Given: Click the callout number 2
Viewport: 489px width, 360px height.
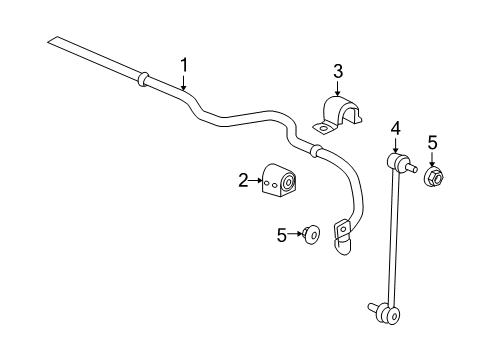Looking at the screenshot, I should [x=243, y=180].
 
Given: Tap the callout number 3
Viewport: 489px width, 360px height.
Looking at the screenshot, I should [x=338, y=70].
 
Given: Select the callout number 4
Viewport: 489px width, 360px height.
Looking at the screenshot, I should [x=395, y=127].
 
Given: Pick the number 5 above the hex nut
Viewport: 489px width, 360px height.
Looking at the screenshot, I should [x=432, y=143].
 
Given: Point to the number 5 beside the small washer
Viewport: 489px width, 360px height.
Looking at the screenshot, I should [x=282, y=235].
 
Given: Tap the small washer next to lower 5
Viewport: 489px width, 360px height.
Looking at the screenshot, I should [x=312, y=236].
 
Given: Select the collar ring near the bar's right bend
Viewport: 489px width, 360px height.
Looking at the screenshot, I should [x=317, y=151].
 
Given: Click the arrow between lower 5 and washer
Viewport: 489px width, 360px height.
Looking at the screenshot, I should [x=296, y=236].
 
